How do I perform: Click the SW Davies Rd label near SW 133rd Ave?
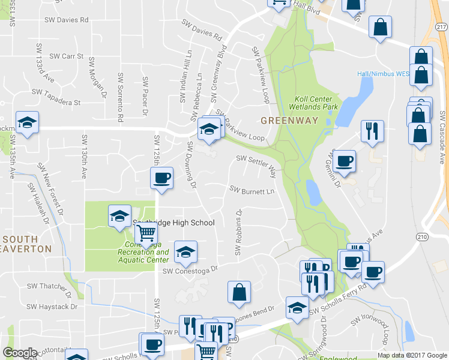tap(66, 20)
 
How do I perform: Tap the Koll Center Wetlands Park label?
tap(316, 103)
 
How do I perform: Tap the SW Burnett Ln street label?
tap(252, 190)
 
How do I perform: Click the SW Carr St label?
tap(66, 56)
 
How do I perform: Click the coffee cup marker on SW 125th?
tap(161, 178)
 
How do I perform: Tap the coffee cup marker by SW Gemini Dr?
tap(345, 161)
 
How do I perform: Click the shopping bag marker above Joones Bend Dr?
tap(239, 292)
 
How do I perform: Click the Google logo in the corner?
tap(20, 353)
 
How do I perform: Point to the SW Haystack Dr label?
tap(54, 306)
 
